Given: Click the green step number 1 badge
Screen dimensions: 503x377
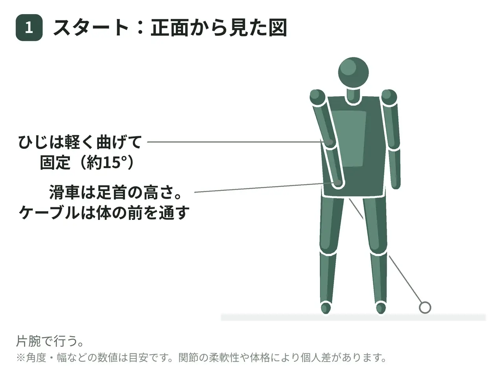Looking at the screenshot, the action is point(29,27).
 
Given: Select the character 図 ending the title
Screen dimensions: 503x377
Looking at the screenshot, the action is point(277,28).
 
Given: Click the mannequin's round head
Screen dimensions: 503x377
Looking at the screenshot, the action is point(353,72).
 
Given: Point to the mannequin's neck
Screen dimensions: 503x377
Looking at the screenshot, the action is point(353,96).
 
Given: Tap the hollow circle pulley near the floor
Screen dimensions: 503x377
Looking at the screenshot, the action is point(425,307).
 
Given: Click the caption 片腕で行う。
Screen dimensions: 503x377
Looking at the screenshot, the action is point(50,341).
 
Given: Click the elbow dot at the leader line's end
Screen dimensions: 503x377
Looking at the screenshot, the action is point(330,143).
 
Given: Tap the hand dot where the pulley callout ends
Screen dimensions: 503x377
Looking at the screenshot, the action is point(338,183).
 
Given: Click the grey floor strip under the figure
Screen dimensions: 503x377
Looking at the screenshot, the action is point(353,317).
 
